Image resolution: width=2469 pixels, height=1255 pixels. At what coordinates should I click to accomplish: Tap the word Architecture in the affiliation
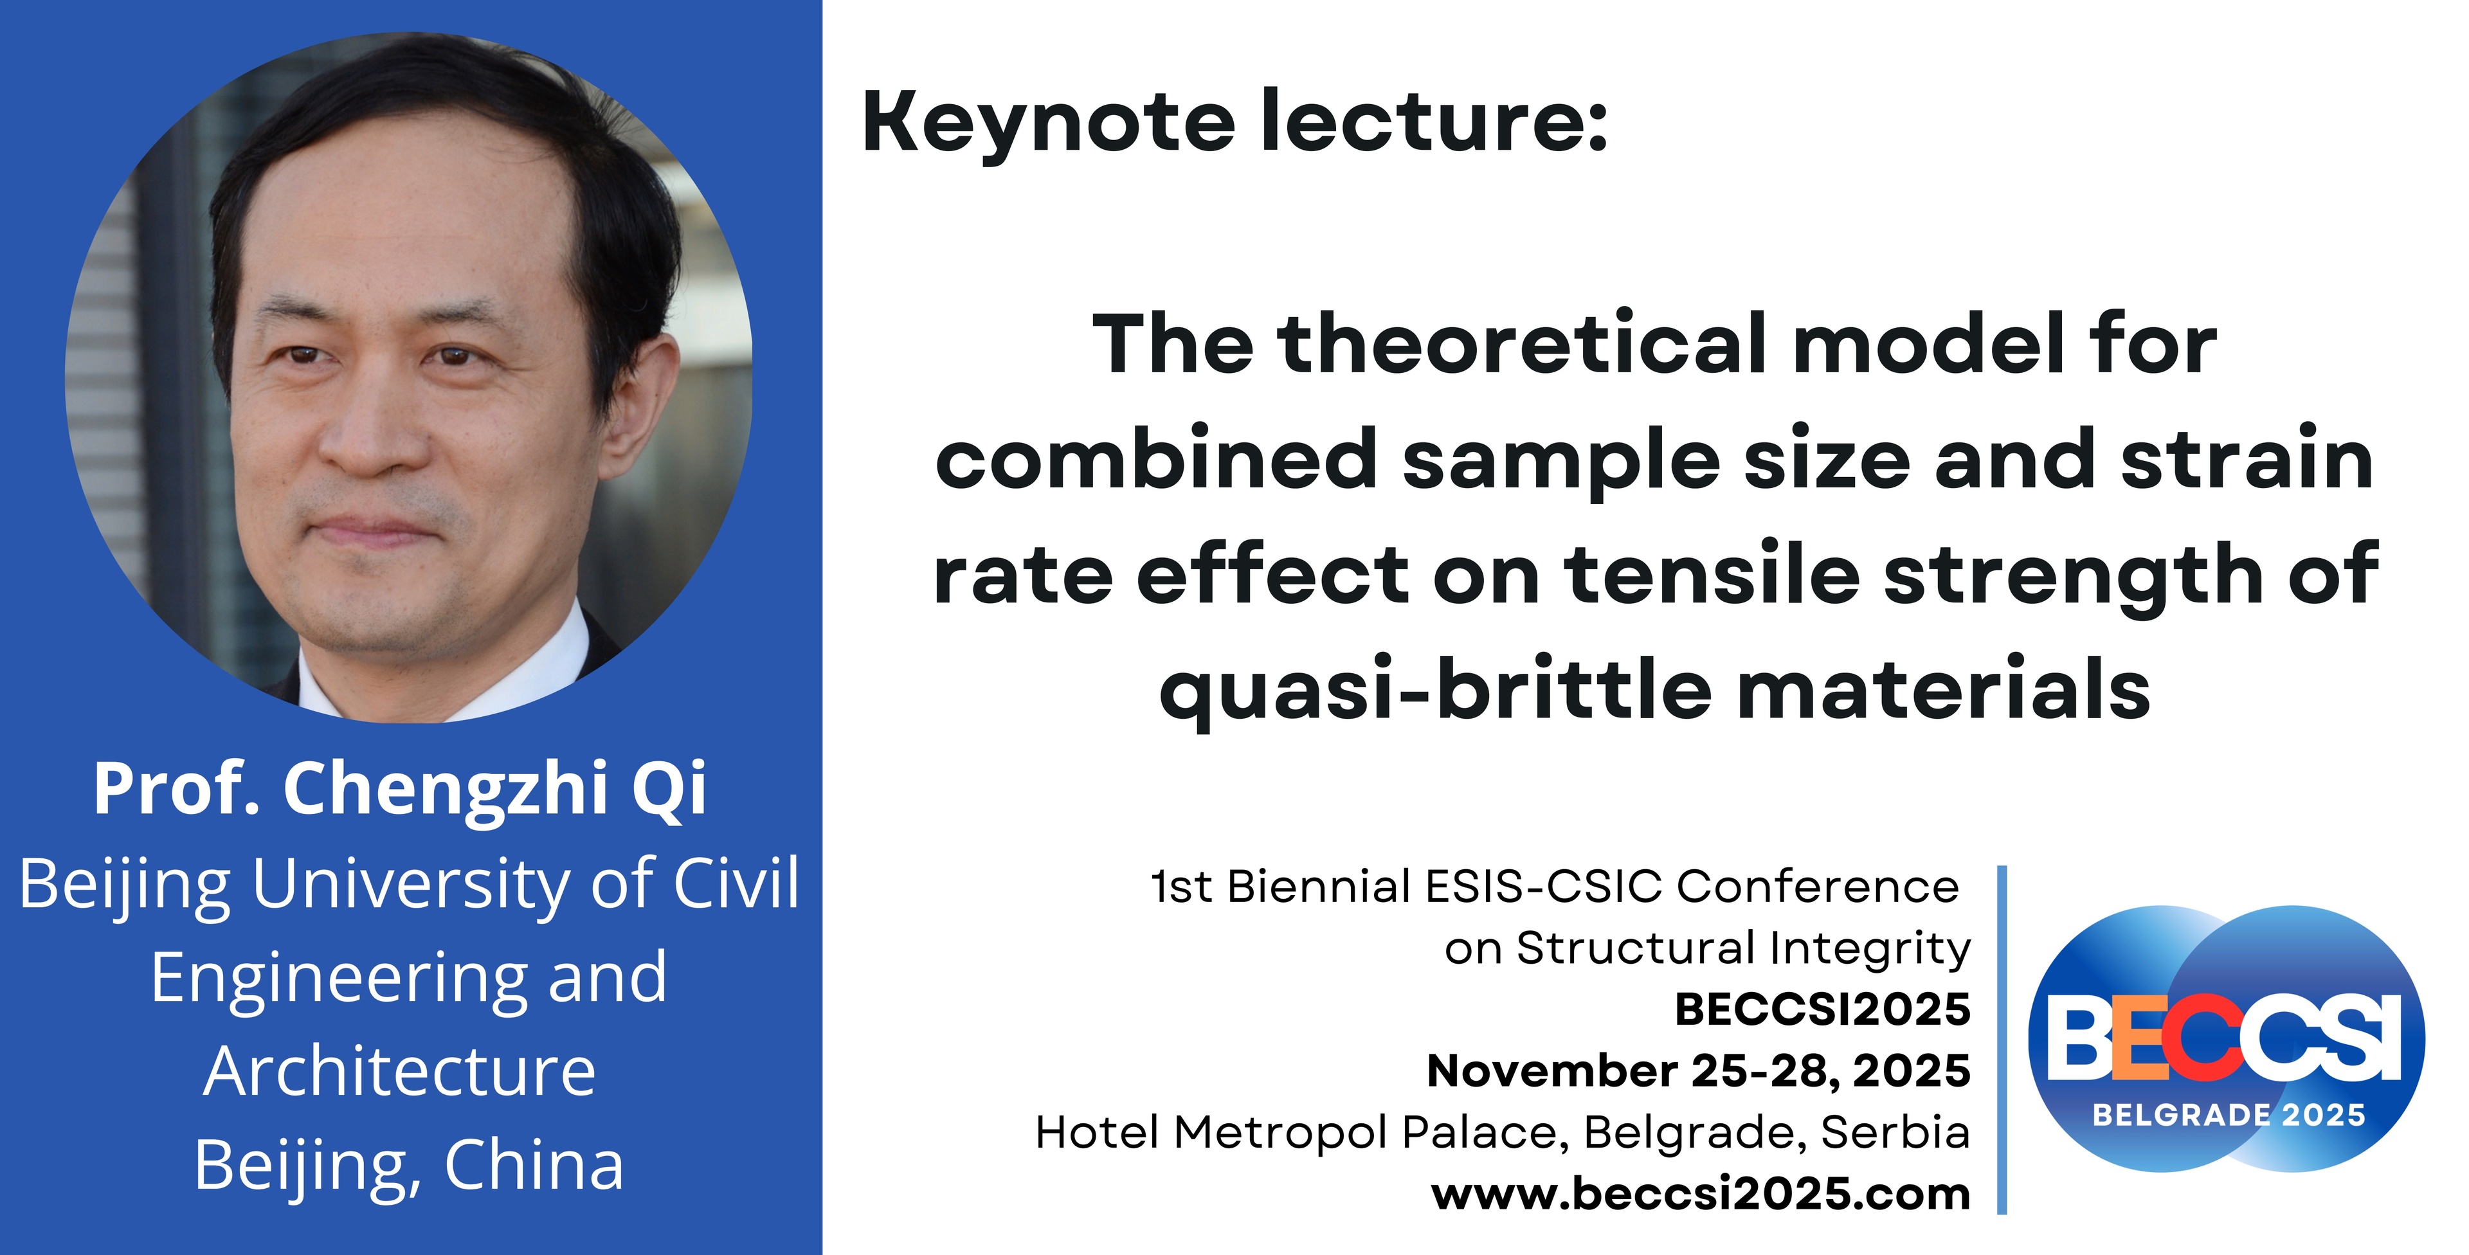point(400,1071)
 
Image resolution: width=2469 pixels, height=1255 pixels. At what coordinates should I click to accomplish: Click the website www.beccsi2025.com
point(1701,1194)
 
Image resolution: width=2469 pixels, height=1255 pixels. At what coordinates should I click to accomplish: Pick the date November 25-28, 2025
point(1698,1071)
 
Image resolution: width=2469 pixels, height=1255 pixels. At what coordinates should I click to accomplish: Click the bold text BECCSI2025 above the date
point(1822,1009)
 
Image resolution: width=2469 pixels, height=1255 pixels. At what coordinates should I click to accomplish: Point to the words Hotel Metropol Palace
point(1299,1134)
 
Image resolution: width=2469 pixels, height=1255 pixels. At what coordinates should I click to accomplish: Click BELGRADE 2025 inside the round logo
point(2229,1115)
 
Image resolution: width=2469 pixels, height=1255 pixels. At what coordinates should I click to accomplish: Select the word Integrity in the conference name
point(1870,949)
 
